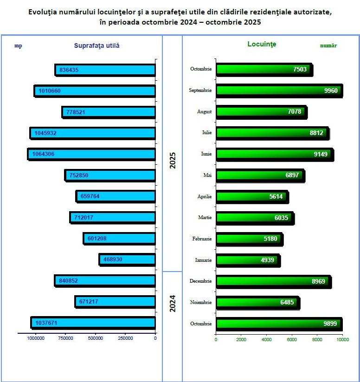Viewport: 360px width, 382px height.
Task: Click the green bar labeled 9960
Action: click(x=279, y=91)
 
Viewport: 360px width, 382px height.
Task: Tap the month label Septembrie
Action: click(x=200, y=91)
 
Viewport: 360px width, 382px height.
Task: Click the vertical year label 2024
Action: click(x=173, y=303)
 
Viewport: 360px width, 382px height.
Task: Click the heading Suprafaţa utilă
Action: click(x=97, y=45)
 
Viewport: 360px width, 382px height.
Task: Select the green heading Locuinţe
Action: click(x=262, y=44)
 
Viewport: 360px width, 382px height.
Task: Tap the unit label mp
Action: click(x=18, y=45)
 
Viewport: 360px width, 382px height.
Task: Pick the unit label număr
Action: click(x=328, y=45)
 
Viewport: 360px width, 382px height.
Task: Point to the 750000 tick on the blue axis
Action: click(x=66, y=338)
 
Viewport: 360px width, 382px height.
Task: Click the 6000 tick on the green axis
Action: click(x=292, y=340)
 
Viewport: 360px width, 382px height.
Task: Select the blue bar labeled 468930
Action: click(x=128, y=259)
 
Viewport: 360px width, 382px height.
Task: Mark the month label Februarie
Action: click(x=202, y=239)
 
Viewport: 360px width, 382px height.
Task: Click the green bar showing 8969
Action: click(x=273, y=281)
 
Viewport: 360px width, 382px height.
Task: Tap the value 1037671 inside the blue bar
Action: click(x=46, y=323)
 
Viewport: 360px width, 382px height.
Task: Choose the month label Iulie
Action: click(x=207, y=133)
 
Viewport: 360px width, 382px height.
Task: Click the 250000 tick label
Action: click(x=125, y=338)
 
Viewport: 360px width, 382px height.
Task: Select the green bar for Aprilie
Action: click(x=252, y=197)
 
